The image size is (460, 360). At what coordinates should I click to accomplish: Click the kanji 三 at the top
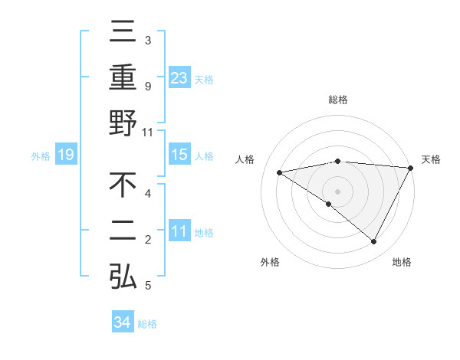pos(123,33)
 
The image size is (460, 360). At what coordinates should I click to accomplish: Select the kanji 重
pos(123,78)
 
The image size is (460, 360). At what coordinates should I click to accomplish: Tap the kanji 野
pos(123,124)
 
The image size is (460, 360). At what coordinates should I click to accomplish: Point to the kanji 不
pos(123,186)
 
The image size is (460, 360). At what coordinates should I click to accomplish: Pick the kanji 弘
pos(123,277)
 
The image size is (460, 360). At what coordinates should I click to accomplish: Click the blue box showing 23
pos(179,78)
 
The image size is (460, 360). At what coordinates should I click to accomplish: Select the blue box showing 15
pos(179,155)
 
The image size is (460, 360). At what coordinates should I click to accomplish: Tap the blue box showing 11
pos(179,231)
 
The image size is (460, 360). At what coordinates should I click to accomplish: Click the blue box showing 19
pos(65,155)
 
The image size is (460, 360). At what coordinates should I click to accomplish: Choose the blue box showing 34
pos(122,322)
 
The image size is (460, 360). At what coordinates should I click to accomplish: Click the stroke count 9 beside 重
pos(147,87)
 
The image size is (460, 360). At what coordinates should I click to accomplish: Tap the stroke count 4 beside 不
pos(147,194)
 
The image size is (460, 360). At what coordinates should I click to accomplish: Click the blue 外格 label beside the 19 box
pos(41,156)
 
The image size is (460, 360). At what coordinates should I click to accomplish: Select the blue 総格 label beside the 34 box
pos(147,324)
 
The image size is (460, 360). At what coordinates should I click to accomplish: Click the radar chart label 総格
pos(337,100)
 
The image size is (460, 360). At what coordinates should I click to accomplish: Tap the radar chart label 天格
pos(432,159)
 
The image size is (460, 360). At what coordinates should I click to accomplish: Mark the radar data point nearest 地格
pos(374,242)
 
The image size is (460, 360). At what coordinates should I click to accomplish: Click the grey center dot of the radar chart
pos(337,190)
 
